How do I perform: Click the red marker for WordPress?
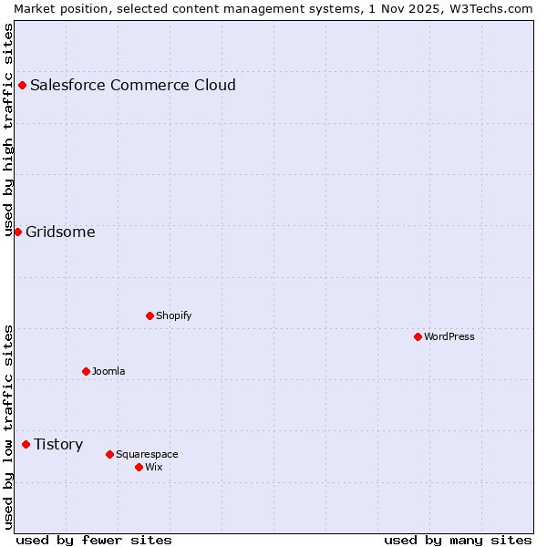pos(418,336)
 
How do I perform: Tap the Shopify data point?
pos(150,315)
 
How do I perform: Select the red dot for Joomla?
pos(86,371)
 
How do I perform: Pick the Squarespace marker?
pos(109,454)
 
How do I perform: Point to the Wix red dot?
pos(139,467)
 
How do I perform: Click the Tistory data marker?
pos(26,444)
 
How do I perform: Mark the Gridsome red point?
pos(17,232)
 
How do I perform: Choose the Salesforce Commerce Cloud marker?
pos(22,85)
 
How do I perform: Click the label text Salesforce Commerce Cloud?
pos(133,86)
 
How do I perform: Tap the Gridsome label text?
pos(60,232)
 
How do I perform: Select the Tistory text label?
pos(58,445)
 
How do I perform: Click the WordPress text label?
pos(449,336)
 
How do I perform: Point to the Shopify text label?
pos(174,315)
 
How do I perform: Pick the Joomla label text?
pos(108,371)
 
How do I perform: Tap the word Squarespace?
pos(147,454)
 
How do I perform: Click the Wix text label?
pos(154,467)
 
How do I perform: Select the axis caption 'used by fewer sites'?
pos(94,540)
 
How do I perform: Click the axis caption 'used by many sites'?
pos(458,540)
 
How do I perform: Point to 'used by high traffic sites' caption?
pos(8,129)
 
